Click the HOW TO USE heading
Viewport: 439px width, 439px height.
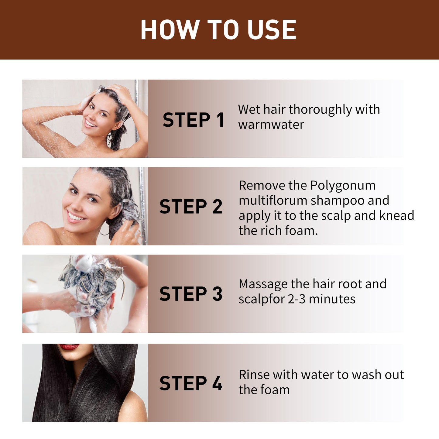(x=218, y=30)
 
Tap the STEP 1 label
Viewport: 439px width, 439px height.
(x=193, y=120)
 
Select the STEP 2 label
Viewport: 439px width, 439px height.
(x=191, y=207)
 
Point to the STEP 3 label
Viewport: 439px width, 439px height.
(x=191, y=294)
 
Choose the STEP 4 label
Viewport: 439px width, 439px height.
(x=191, y=383)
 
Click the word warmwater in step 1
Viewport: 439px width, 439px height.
(x=271, y=125)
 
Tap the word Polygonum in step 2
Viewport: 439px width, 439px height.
(x=343, y=185)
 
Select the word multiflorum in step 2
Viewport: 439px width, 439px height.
(x=273, y=201)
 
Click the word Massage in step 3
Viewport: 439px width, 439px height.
(x=263, y=284)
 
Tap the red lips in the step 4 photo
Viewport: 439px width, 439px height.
(x=69, y=347)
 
